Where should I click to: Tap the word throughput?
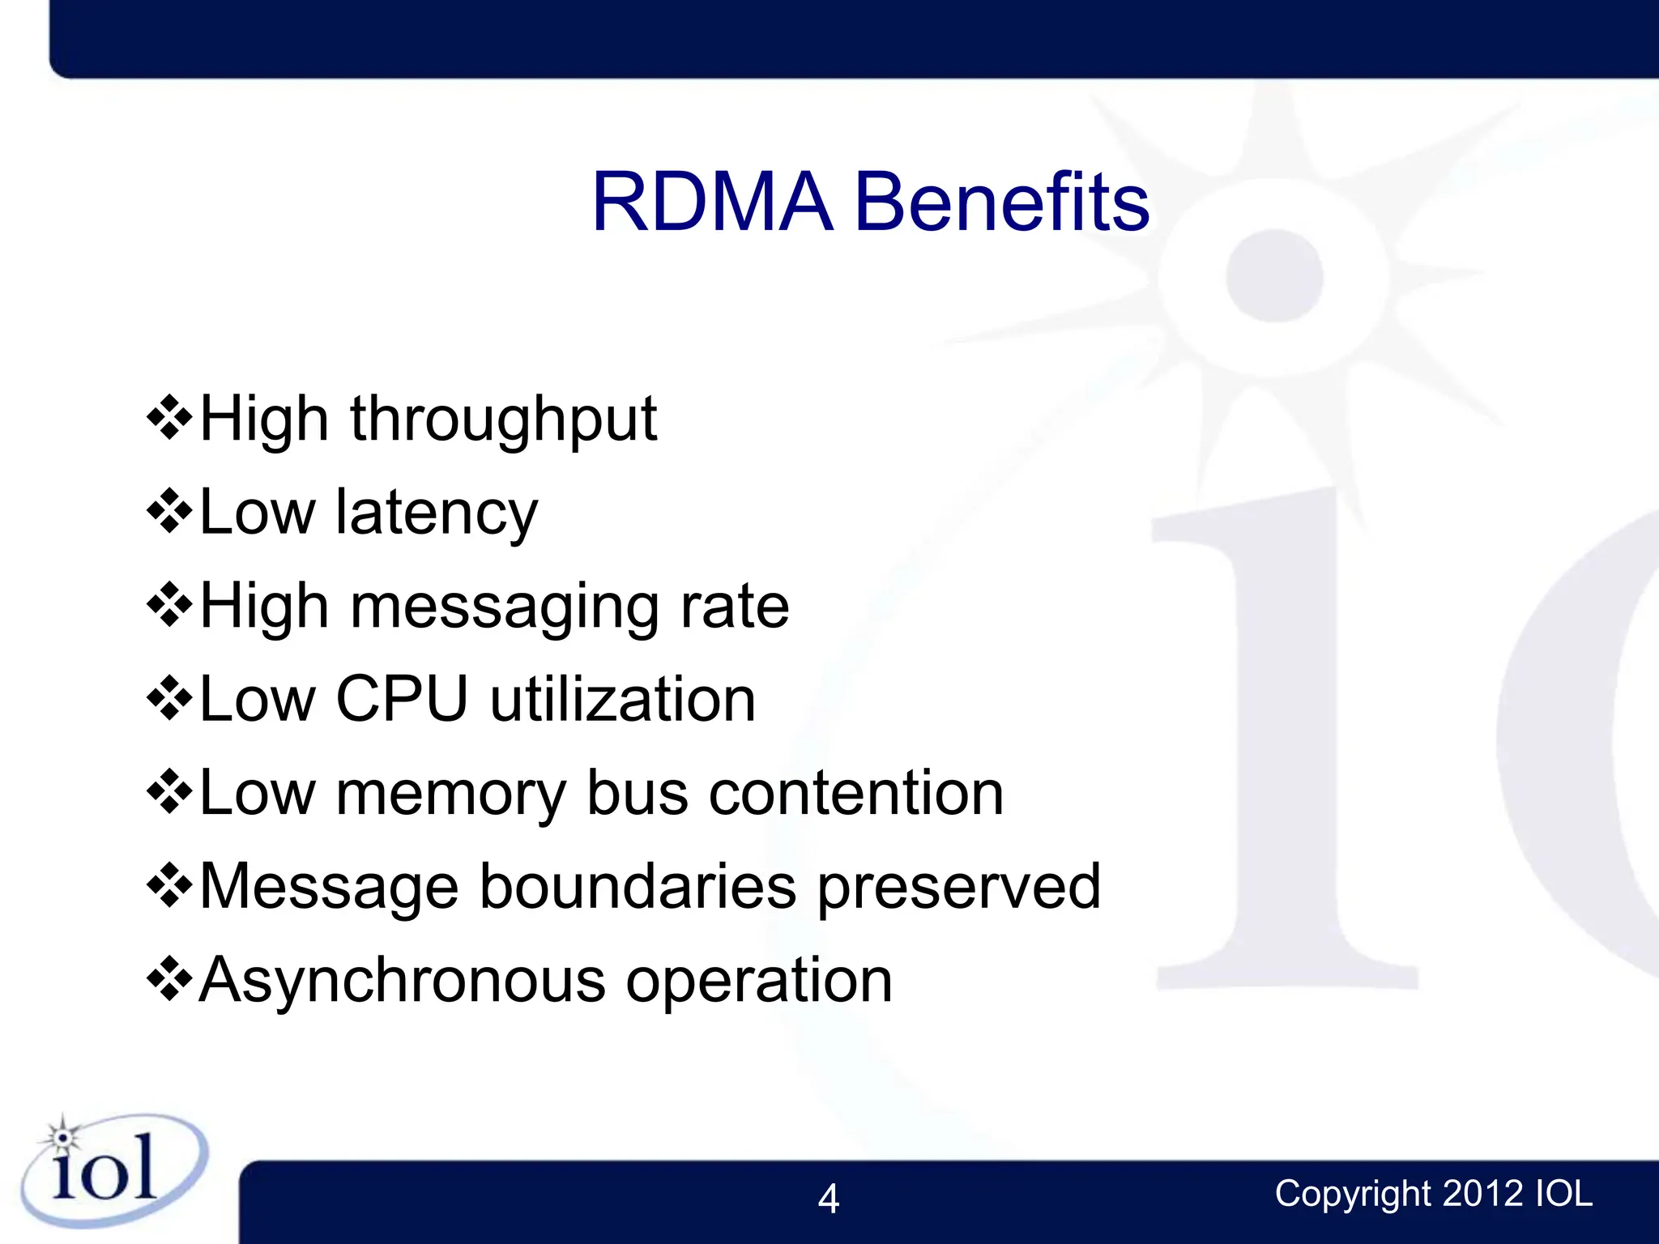point(503,420)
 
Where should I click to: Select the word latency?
point(437,513)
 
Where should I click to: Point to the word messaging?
point(504,607)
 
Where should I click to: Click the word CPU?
point(402,699)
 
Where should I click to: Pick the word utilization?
point(623,699)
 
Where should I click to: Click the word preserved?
point(959,888)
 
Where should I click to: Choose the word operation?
point(759,982)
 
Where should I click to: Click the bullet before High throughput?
point(169,419)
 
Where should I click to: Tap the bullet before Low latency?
point(169,513)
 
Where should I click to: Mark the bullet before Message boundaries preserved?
point(169,886)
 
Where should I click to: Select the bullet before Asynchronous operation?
point(169,980)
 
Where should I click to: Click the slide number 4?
point(828,1199)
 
